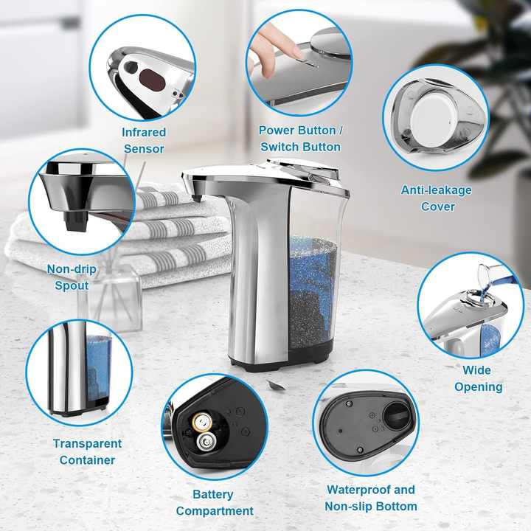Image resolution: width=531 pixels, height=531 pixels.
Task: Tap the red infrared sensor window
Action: (152, 77)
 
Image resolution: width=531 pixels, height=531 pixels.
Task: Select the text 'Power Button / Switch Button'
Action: (300, 139)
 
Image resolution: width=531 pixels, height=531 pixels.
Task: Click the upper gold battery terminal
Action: (200, 421)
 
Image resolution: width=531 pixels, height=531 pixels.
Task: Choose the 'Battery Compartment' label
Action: (214, 502)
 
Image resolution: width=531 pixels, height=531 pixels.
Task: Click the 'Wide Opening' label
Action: (478, 378)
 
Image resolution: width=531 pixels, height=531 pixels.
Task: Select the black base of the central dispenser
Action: (280, 361)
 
